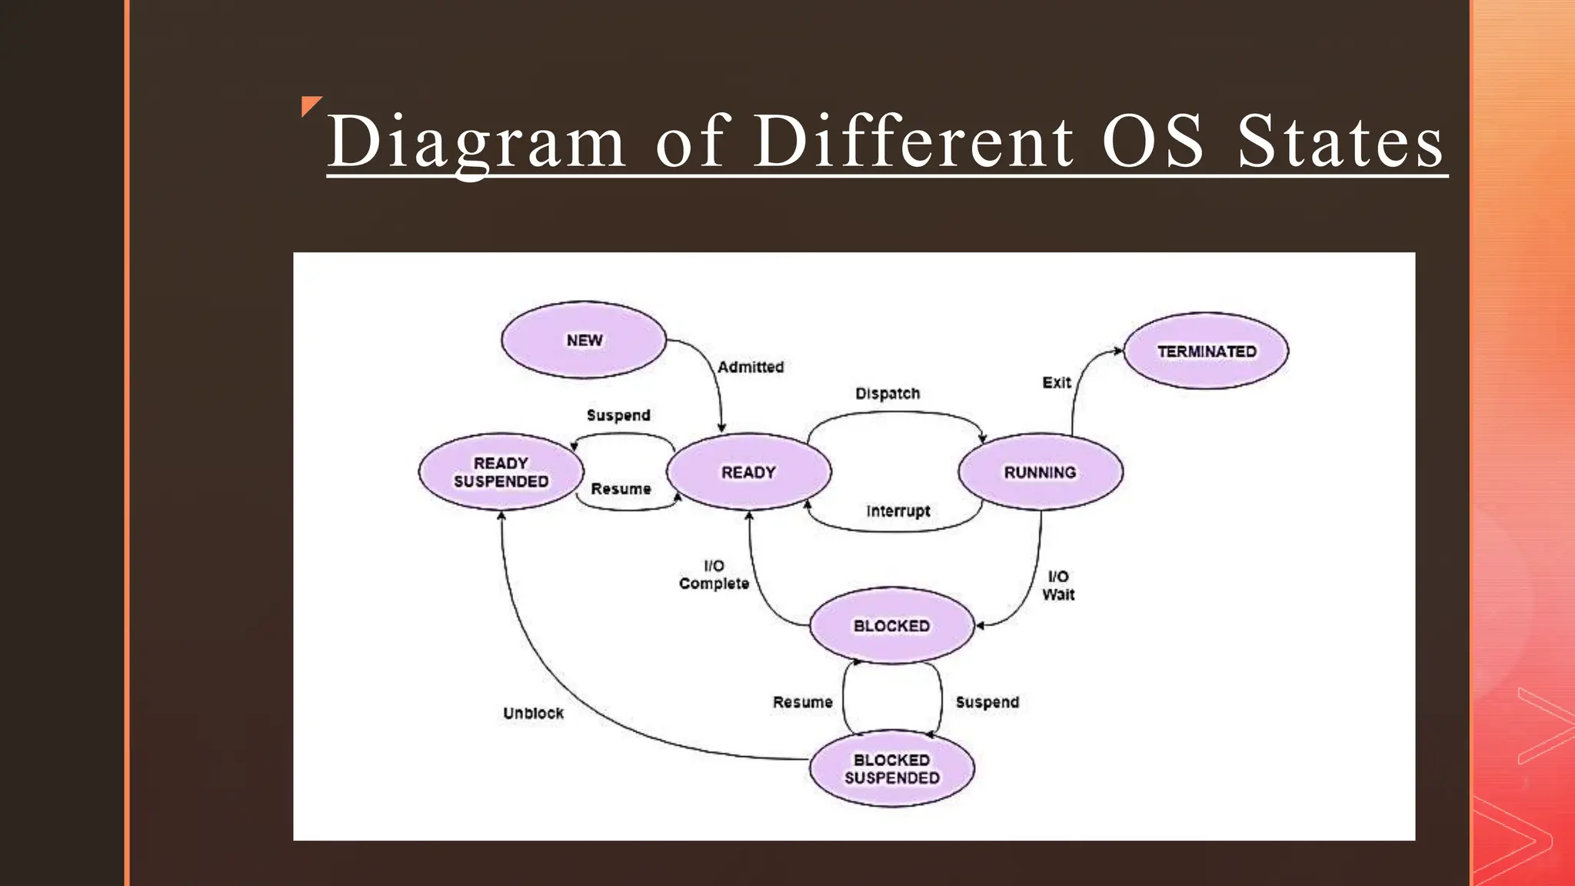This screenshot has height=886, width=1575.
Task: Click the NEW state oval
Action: click(x=584, y=340)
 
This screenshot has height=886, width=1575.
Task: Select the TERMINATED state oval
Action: click(x=1206, y=351)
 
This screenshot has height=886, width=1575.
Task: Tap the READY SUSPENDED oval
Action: click(x=501, y=472)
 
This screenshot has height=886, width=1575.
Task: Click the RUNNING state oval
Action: click(x=1040, y=472)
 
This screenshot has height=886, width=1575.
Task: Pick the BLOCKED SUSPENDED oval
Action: click(x=891, y=768)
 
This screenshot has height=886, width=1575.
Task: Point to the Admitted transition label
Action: click(x=751, y=368)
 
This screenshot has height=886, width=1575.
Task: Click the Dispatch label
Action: click(x=887, y=394)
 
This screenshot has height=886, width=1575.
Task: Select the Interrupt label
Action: click(x=897, y=511)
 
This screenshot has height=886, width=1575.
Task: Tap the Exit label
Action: click(x=1056, y=382)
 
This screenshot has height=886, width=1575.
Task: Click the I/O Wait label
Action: click(x=1058, y=585)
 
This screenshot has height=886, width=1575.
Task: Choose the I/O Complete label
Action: click(x=714, y=575)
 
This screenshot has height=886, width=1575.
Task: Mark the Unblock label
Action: click(x=533, y=713)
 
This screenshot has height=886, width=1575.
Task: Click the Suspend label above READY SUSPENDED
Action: click(x=618, y=415)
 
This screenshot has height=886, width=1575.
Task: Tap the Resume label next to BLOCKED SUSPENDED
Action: click(x=802, y=702)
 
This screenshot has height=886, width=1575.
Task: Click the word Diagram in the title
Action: click(x=476, y=142)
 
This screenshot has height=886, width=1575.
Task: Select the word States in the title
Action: click(x=1340, y=142)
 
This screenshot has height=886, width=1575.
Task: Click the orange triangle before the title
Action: click(x=309, y=105)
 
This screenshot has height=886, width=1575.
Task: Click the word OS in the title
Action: click(x=1152, y=142)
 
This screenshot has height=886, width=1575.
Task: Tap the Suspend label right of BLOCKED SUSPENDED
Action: click(x=987, y=702)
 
